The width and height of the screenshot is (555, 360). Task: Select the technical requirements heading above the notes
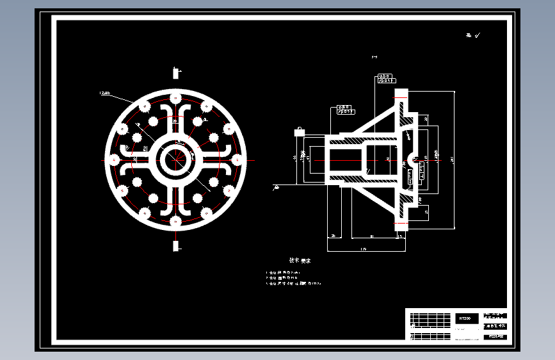300,261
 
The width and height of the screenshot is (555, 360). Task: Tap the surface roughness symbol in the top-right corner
473,36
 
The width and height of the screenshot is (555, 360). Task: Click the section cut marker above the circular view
175,73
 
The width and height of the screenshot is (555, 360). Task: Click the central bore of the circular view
175,160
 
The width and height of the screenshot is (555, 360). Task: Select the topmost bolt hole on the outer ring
175,97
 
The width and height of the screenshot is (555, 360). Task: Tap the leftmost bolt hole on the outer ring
113,160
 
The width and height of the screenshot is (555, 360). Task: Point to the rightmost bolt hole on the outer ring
238,160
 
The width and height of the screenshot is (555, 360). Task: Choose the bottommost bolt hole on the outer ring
175,222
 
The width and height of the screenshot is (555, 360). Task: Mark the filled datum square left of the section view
298,131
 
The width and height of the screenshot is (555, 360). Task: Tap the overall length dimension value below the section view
364,249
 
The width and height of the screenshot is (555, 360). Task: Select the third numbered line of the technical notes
294,282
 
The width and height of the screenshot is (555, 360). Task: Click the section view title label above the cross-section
374,58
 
